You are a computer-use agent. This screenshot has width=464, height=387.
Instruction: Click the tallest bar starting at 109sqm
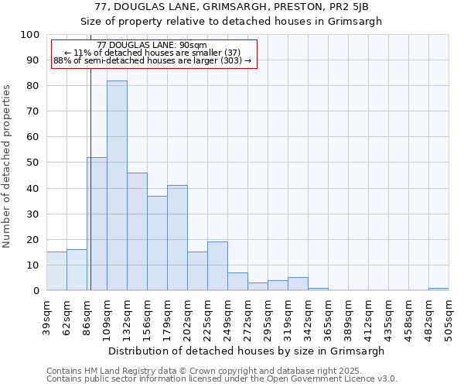(117, 186)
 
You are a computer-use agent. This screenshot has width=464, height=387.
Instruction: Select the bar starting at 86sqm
(97, 224)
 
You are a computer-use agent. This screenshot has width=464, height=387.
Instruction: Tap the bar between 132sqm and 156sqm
(137, 231)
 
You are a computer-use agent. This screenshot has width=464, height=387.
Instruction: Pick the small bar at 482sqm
(438, 289)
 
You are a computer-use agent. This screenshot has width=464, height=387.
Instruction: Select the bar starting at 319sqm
(298, 283)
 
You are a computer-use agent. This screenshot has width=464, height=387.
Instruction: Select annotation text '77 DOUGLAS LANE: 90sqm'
(152, 45)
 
